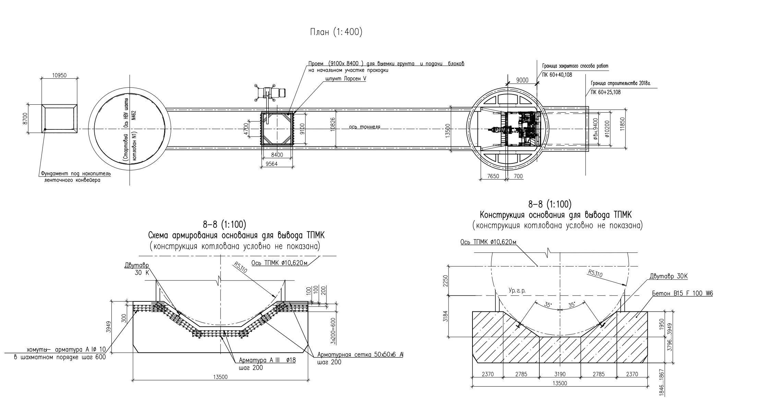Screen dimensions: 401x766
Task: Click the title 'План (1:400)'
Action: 336,32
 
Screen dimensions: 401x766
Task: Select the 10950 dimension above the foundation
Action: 59,76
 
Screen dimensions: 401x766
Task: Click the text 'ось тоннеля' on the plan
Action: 364,127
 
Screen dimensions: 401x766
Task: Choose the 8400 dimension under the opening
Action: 277,155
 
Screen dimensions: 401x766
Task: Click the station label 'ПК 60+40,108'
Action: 557,75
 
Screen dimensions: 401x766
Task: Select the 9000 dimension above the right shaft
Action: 522,80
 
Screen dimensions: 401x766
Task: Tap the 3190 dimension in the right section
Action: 560,374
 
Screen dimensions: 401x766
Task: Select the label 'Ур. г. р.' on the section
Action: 517,291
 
